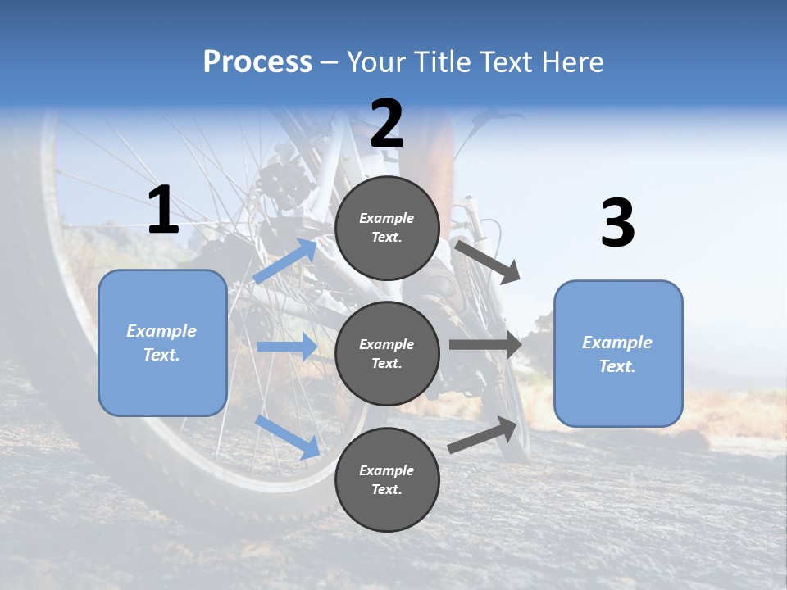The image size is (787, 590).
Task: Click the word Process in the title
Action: point(257,62)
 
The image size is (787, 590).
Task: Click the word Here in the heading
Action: point(571,62)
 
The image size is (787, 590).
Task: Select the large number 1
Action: point(162,211)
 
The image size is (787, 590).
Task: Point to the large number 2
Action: point(387,124)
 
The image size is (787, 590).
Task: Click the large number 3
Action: point(617,224)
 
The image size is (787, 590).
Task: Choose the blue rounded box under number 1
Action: point(162,343)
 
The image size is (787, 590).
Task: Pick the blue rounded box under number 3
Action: point(618,354)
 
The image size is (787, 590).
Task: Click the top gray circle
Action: point(387,228)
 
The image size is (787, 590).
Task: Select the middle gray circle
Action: point(387,353)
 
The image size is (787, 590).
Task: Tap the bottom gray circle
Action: point(387,479)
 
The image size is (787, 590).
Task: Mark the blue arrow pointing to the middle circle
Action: point(287,347)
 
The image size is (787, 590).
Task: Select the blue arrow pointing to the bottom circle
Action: point(287,437)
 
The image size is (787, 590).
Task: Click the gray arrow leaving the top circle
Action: point(488,261)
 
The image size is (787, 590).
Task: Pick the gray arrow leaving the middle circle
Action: point(485,345)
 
